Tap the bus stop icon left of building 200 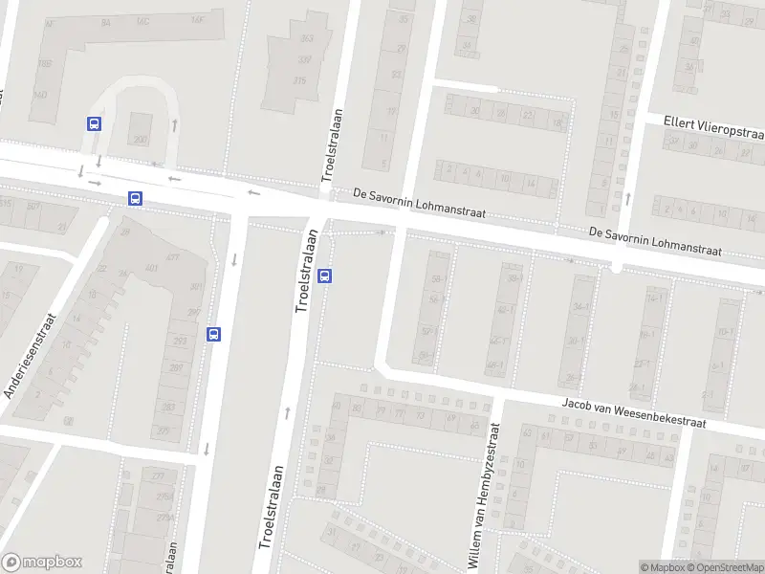pos(94,123)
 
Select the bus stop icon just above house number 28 pos(135,199)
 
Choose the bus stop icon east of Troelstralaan pos(325,276)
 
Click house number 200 pos(141,140)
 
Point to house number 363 pos(307,39)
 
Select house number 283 pos(168,408)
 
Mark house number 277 pos(158,475)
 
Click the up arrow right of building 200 pos(174,124)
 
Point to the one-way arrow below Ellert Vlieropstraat pos(627,199)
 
